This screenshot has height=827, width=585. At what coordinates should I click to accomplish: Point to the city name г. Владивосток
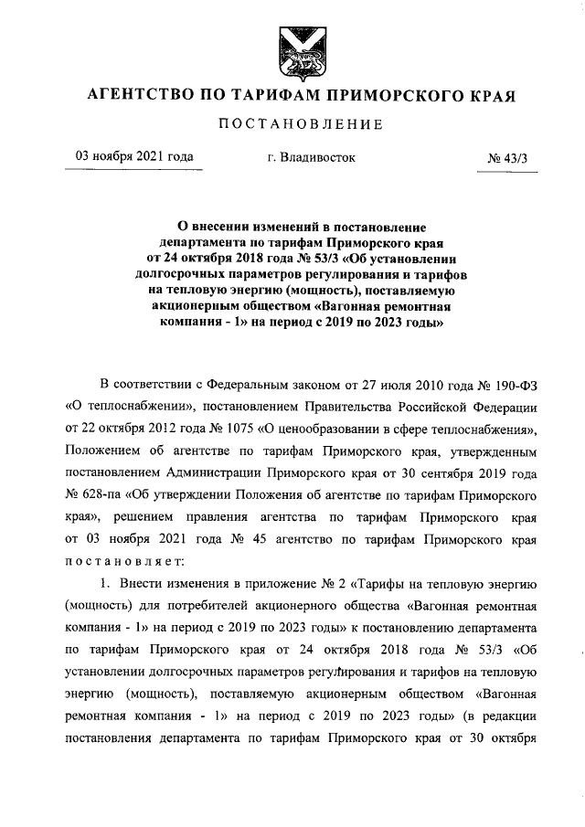(312, 157)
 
